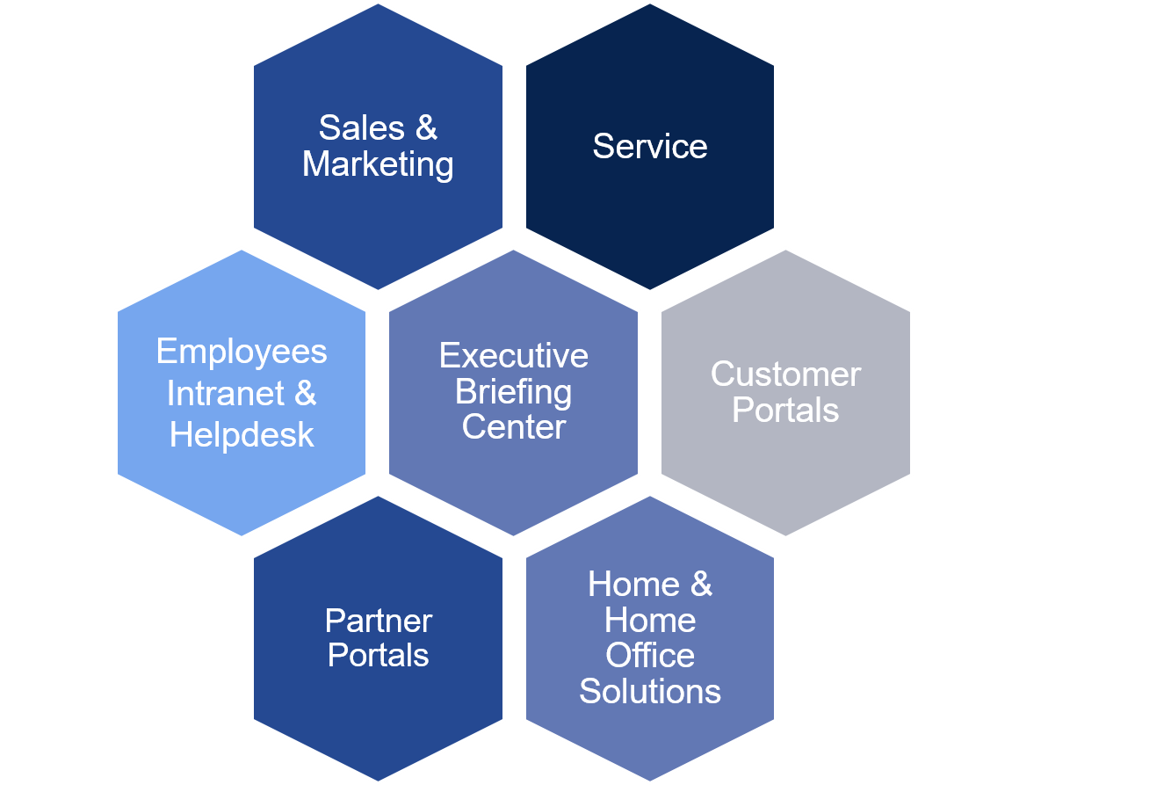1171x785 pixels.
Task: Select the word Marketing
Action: tap(378, 164)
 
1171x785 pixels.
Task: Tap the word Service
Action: tap(649, 146)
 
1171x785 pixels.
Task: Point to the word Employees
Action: tap(242, 352)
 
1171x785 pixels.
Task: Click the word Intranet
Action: tap(226, 393)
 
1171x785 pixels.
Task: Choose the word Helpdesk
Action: tap(242, 434)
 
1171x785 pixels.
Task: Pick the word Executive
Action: tap(514, 356)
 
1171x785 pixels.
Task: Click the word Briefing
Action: tap(514, 392)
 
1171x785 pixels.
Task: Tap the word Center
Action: tap(514, 427)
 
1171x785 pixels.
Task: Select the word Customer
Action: tap(785, 374)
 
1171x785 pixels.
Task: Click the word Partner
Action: tap(378, 621)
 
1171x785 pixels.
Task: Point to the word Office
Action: tap(650, 656)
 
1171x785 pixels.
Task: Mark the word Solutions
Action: tap(650, 692)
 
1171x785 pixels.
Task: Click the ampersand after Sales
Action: tap(425, 128)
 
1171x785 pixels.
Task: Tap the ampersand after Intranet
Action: tap(305, 393)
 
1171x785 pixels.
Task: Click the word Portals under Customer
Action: tap(785, 411)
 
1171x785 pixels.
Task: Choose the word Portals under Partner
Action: tap(378, 656)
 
